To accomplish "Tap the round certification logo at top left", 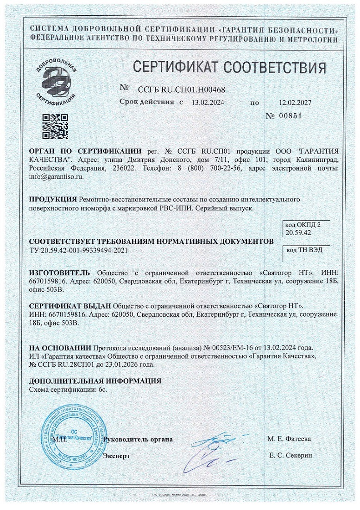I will point(56,81).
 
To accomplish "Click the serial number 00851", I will point(291,116).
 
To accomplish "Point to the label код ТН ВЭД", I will point(304,249).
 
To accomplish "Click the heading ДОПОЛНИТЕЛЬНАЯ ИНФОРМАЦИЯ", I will point(95,381).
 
